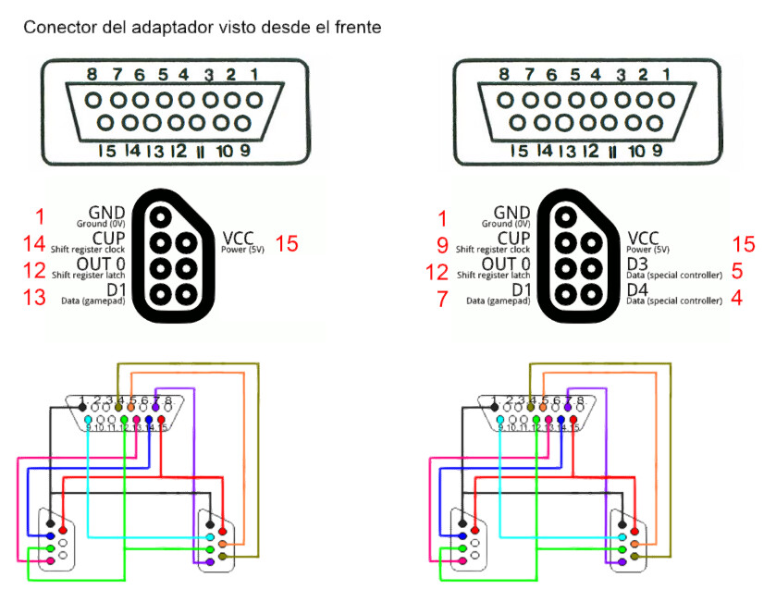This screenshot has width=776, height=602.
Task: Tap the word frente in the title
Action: click(x=354, y=27)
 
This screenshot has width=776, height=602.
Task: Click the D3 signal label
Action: click(x=638, y=264)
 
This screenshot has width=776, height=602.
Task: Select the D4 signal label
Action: click(x=638, y=290)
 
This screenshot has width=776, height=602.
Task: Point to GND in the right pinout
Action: click(x=511, y=213)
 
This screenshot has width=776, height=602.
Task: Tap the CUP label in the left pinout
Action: click(x=107, y=239)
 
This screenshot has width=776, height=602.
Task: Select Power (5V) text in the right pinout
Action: click(x=647, y=249)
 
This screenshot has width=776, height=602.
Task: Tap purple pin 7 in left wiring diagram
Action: click(x=155, y=407)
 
